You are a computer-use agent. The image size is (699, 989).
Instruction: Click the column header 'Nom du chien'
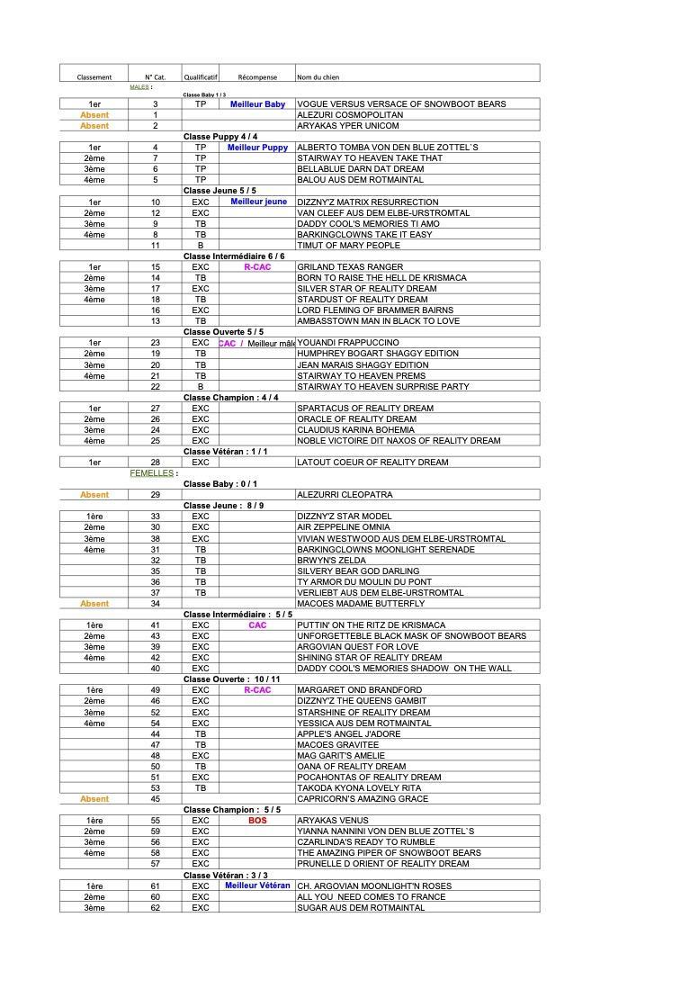318,77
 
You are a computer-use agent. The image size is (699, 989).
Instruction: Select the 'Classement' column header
94,77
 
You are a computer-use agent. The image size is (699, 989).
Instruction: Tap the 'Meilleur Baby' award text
257,104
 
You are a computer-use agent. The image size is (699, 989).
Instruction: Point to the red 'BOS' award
257,821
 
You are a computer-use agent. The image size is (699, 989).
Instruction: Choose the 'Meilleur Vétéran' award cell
257,886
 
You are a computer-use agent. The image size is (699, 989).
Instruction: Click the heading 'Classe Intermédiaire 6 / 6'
234,256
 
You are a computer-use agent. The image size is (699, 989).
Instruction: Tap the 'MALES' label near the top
139,87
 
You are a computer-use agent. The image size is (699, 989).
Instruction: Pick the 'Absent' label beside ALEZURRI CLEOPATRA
94,495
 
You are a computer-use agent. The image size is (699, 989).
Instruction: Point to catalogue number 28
156,463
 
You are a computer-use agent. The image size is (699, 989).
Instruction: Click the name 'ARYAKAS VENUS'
332,821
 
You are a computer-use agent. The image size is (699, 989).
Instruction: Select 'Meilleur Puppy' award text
257,148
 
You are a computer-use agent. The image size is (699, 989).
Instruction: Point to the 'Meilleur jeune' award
259,202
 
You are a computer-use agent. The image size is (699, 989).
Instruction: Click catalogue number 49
156,690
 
